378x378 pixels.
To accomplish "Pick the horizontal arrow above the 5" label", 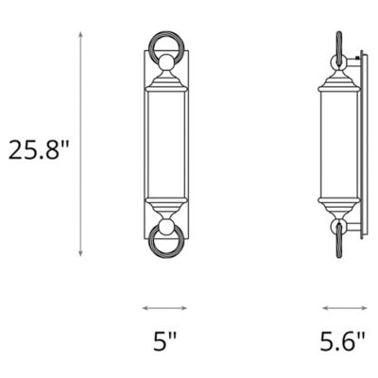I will (x=164, y=307).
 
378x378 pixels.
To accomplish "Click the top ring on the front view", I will (x=164, y=48).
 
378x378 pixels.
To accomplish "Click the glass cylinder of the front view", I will (x=164, y=146).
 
